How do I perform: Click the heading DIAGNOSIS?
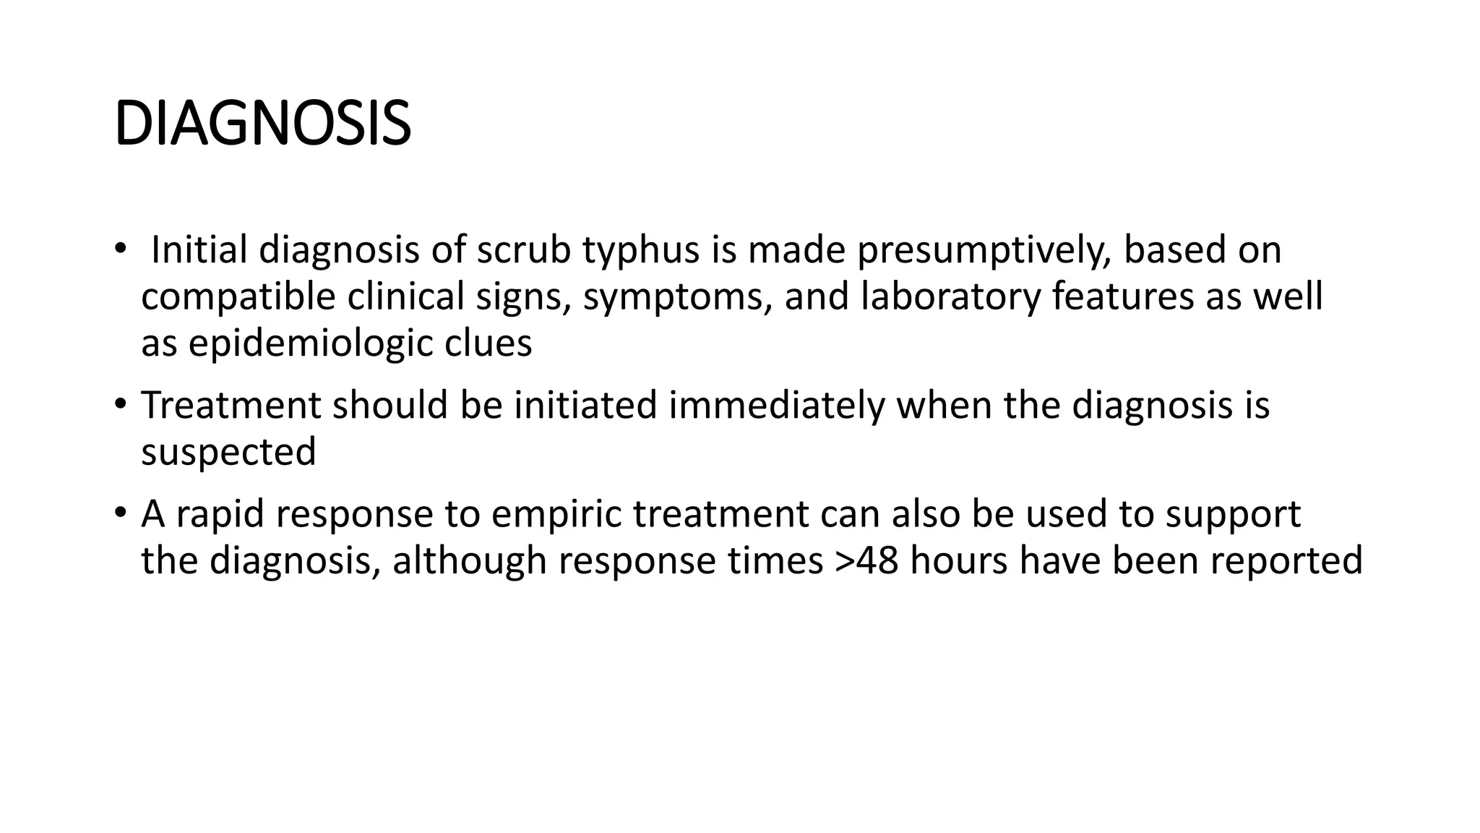pos(262,124)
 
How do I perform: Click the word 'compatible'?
pos(238,297)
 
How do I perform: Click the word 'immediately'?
pos(776,406)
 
